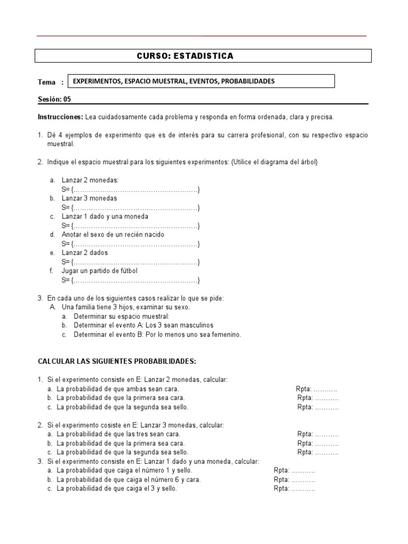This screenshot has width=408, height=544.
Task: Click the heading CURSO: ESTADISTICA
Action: [185, 56]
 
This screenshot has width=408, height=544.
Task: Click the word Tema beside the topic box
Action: [47, 82]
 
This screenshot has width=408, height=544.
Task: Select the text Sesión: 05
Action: [54, 99]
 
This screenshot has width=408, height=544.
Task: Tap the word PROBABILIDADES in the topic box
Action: [248, 81]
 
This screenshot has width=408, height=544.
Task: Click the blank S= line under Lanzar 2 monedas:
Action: [131, 190]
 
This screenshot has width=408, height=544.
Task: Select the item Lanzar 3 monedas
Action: [89, 199]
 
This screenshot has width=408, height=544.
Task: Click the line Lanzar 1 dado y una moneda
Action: [105, 217]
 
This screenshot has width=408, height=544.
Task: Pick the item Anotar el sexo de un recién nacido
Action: [113, 235]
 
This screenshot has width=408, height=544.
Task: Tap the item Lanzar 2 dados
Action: [84, 253]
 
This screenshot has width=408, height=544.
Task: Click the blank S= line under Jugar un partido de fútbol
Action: [131, 280]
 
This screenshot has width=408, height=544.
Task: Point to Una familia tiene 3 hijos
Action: [125, 307]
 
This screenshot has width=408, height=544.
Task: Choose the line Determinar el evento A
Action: [143, 325]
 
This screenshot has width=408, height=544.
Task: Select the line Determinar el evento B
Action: [157, 335]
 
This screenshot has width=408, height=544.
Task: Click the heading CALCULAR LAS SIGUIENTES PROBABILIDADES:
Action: [117, 362]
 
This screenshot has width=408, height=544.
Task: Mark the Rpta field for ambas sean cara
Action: [317, 389]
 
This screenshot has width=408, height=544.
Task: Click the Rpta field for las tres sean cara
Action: [318, 434]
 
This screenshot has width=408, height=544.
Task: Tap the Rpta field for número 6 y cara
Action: [294, 479]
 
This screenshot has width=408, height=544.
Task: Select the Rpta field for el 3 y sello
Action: [294, 488]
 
